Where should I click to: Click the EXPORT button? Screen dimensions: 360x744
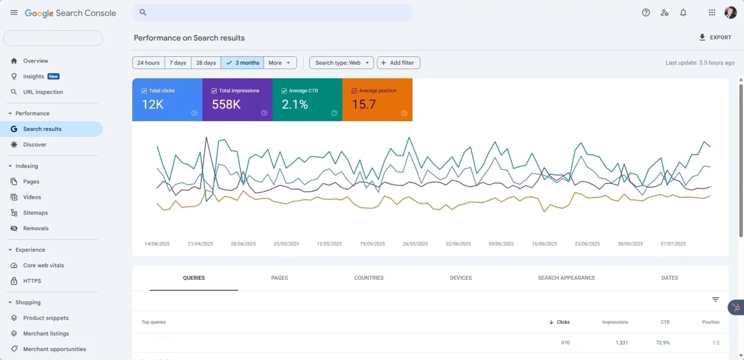coord(715,38)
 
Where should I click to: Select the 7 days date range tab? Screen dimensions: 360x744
coord(177,63)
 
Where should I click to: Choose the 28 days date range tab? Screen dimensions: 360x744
coord(206,63)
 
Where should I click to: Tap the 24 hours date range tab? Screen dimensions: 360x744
coord(148,63)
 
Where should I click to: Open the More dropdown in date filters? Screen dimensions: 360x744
coord(280,63)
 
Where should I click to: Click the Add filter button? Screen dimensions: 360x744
coord(399,63)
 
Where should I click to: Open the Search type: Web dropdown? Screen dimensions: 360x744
coord(341,63)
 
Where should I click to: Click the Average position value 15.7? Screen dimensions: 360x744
coord(364,105)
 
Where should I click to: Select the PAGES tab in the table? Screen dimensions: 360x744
coord(280,278)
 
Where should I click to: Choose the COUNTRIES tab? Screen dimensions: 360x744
coord(369,278)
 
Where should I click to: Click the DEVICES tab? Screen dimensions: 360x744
coord(461,278)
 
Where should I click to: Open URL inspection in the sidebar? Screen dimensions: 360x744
coord(43,92)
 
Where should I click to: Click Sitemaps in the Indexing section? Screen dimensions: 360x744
coord(36,213)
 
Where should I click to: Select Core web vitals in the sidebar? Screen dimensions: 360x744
coord(44,265)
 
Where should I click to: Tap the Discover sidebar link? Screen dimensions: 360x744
coord(35,145)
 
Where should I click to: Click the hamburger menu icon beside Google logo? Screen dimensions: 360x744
coord(14,13)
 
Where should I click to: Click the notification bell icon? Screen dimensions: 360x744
coord(683,13)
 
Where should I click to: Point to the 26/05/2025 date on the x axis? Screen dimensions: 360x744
coord(415,244)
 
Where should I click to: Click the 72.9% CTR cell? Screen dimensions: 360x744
coord(662,343)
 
